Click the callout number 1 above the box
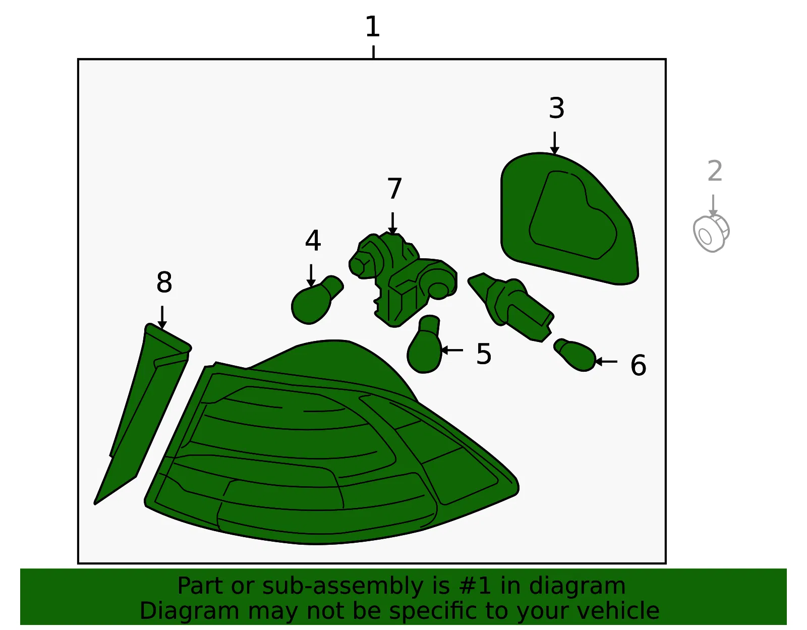[373, 26]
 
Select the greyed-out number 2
[715, 171]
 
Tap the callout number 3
[556, 108]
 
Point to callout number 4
[313, 240]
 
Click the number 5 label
[484, 354]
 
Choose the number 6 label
[639, 365]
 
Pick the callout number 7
[394, 189]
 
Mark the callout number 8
[164, 282]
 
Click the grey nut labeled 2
[711, 233]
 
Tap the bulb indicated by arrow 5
[425, 345]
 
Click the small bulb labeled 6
[575, 355]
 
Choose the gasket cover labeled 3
[568, 219]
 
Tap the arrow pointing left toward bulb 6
[606, 361]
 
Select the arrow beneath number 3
[554, 143]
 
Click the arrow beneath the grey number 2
[713, 206]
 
